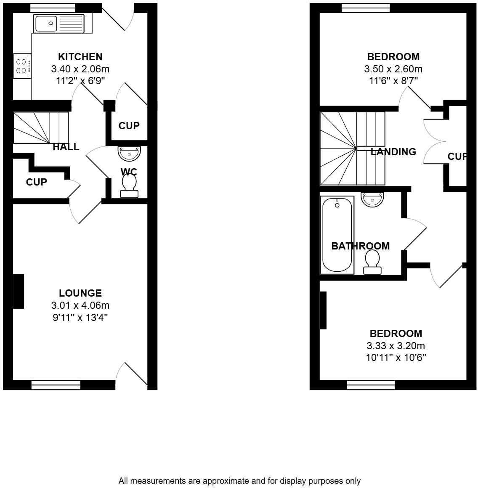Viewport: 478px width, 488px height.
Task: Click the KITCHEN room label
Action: [80, 56]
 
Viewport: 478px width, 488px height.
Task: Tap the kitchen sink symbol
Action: [59, 23]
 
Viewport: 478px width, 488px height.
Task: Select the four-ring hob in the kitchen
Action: [22, 66]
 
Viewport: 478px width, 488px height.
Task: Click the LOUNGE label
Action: [80, 293]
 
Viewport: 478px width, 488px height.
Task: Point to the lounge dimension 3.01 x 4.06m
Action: [80, 305]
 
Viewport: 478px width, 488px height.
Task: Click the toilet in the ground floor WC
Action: [129, 186]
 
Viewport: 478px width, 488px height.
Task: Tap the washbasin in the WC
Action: [129, 153]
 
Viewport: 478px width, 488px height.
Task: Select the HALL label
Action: [66, 147]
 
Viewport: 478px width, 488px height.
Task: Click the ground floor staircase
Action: [40, 127]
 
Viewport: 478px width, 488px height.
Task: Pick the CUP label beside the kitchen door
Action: [129, 126]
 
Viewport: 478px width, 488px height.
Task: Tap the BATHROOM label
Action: [360, 246]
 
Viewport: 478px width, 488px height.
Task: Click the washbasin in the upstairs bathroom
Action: [372, 199]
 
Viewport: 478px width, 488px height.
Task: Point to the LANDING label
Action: [393, 152]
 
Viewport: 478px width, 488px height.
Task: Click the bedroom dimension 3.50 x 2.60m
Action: [393, 69]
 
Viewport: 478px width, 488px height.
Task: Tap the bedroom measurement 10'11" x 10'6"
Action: [396, 358]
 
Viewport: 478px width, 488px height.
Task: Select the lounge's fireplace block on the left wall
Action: [19, 291]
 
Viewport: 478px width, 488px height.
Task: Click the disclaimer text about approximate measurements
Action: [239, 481]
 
